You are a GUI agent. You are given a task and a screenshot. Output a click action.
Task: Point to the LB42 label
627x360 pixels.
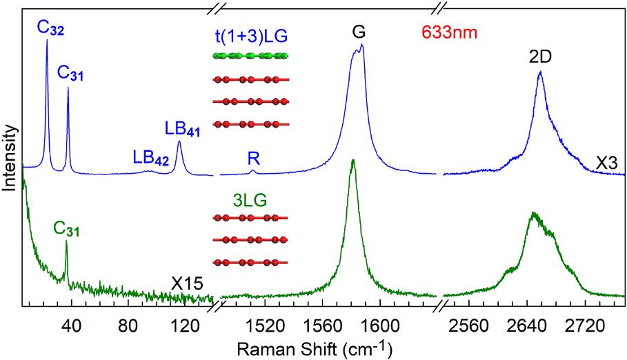pos(150,157)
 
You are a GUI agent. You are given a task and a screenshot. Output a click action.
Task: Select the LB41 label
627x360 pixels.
pos(182,129)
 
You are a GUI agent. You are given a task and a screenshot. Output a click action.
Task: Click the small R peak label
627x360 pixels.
pos(253,158)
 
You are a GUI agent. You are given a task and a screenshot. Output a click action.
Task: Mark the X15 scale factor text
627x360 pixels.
pos(186,283)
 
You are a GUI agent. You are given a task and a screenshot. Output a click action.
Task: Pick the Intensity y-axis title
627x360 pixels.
pos(9,157)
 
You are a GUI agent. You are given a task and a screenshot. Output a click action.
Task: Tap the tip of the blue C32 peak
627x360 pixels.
pos(47,40)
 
